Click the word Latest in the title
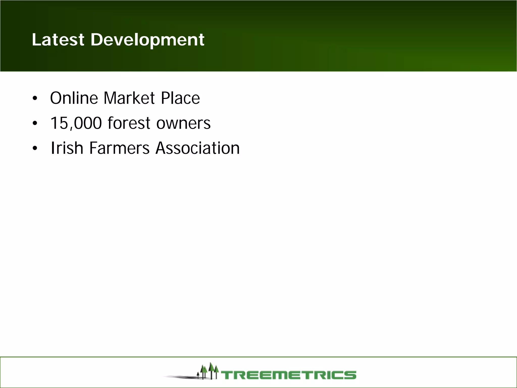pos(58,40)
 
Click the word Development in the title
pos(147,40)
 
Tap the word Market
pos(129,98)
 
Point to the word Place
pos(180,98)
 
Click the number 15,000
pos(76,123)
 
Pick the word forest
pos(129,123)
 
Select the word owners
pos(183,124)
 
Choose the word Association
pos(197,148)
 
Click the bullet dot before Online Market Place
pos(35,98)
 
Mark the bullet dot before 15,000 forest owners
pos(35,124)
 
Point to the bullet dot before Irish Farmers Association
pos(35,149)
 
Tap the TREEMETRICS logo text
pos(289,375)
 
